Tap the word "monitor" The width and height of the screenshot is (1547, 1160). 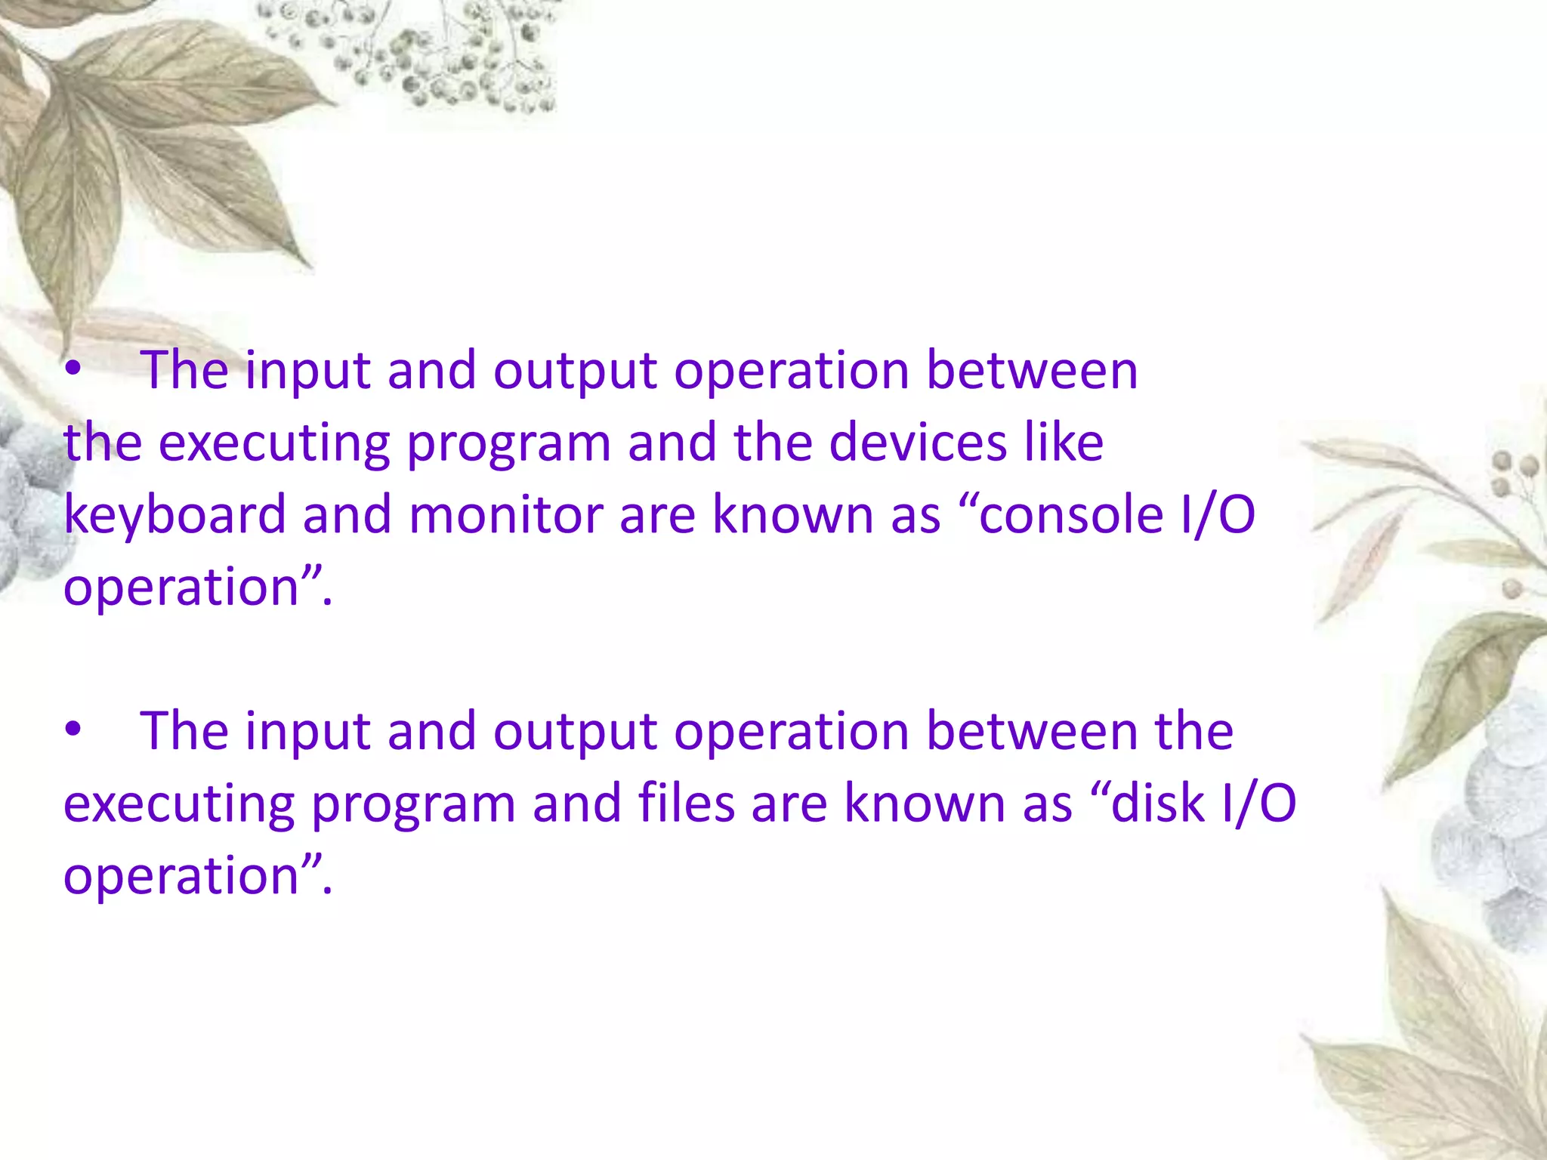(x=505, y=515)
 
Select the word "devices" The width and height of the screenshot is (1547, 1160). (x=918, y=443)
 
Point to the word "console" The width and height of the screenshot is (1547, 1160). (x=1071, y=515)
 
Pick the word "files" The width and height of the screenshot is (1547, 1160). (x=686, y=804)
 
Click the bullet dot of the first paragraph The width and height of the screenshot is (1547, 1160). (x=73, y=370)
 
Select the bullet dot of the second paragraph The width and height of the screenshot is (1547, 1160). (x=73, y=730)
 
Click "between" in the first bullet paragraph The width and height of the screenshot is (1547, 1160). (x=1032, y=370)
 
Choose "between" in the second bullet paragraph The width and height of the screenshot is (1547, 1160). (x=1032, y=731)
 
